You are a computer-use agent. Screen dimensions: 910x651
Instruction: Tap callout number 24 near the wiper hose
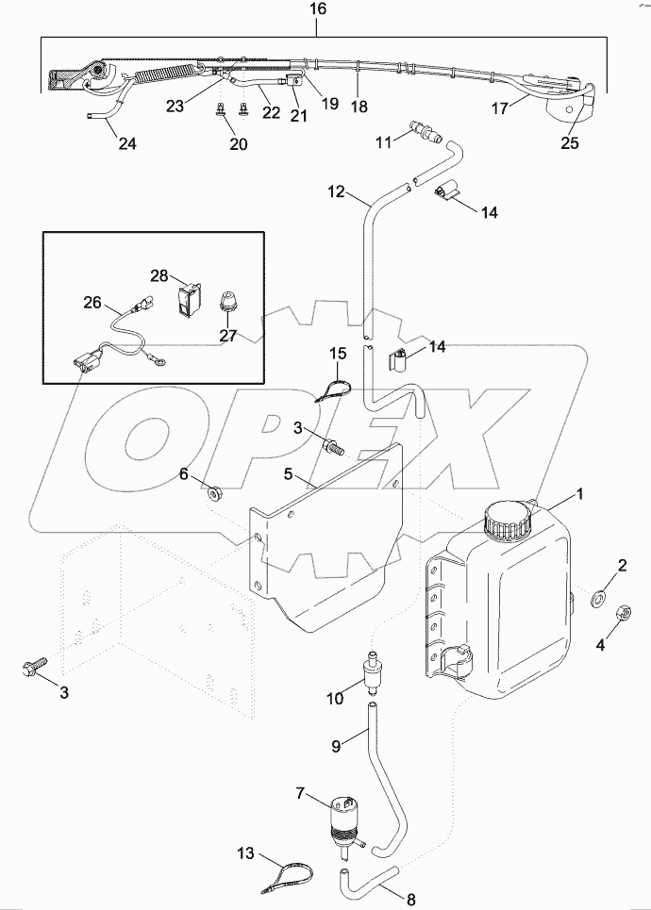pyautogui.click(x=125, y=143)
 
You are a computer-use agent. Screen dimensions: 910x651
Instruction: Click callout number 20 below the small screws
pyautogui.click(x=238, y=143)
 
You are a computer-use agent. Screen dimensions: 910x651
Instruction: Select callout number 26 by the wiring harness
pyautogui.click(x=92, y=303)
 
